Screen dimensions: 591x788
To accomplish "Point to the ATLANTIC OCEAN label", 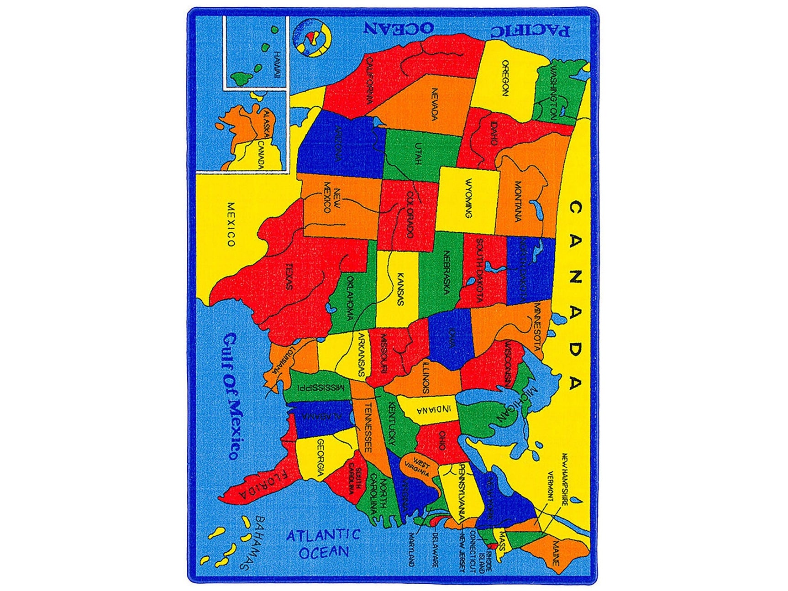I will [x=323, y=543].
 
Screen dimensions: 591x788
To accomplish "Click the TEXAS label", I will [x=289, y=276].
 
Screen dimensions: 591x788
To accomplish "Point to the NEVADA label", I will [x=434, y=104].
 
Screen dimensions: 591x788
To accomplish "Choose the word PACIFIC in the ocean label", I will [x=530, y=30].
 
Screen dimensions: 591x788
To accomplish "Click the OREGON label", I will [x=505, y=78].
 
